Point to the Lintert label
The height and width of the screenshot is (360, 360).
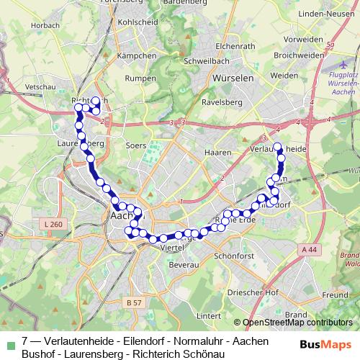[208, 315]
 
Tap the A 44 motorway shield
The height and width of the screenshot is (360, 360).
[309, 249]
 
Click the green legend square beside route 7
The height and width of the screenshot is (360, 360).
[9, 341]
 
